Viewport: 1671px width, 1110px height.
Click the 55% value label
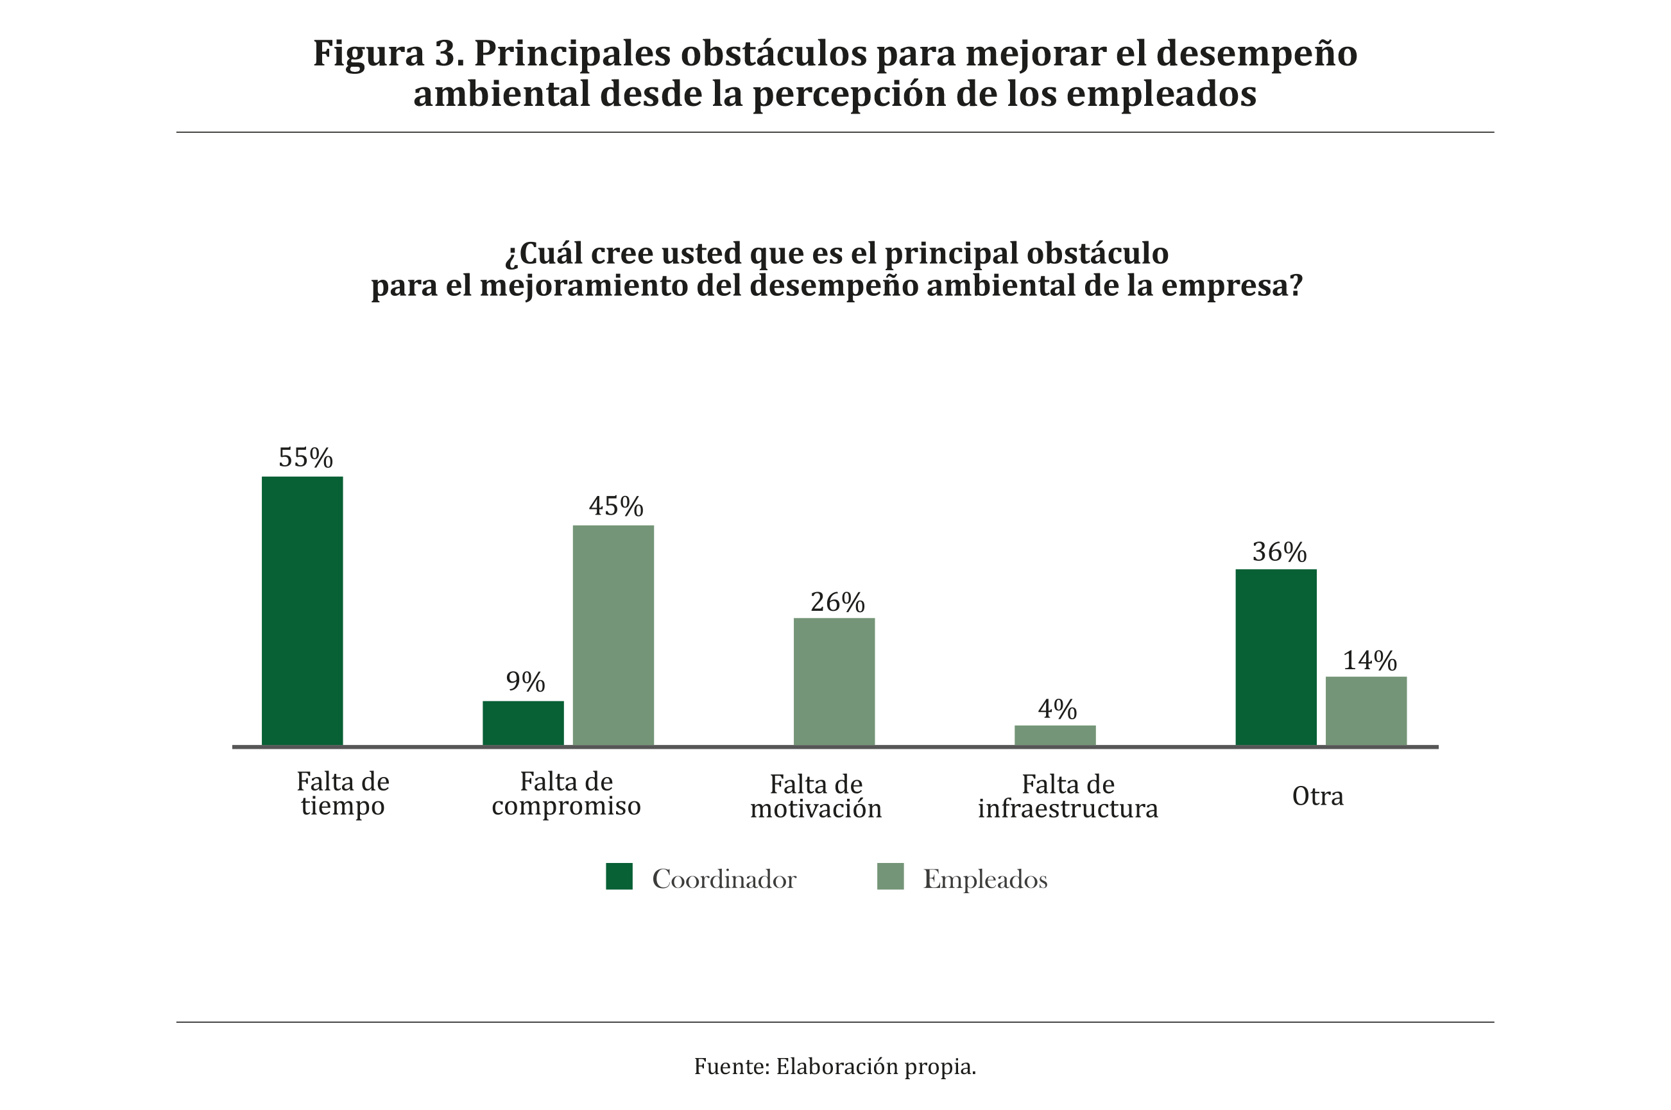coord(305,458)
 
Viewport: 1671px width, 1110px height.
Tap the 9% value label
coord(526,681)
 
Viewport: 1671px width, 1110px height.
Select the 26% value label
coord(837,602)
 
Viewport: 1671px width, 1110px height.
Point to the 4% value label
coord(1057,710)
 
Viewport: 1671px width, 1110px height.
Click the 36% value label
coord(1280,552)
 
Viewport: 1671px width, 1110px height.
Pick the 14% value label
coord(1370,661)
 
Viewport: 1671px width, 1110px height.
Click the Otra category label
coord(1317,796)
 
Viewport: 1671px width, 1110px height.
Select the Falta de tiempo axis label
coord(343,794)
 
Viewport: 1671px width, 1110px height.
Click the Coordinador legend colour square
coord(619,876)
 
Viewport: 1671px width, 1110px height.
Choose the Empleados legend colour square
coord(890,876)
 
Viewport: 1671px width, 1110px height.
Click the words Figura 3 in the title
coord(388,54)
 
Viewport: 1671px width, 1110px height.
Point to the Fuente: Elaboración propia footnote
coord(835,1066)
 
